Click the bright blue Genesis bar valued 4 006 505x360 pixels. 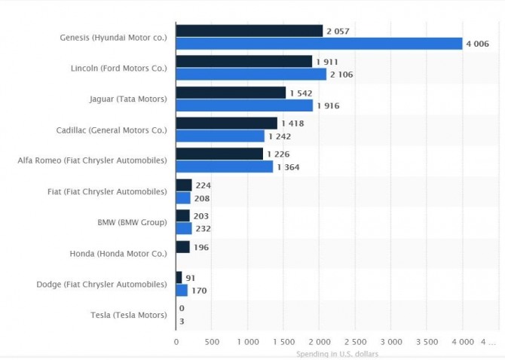(x=319, y=44)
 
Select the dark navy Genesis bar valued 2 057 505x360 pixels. (x=249, y=31)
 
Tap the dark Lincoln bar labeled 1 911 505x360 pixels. (x=244, y=61)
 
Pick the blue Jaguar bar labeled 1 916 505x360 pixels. (x=244, y=105)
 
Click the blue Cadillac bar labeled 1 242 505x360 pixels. (x=220, y=136)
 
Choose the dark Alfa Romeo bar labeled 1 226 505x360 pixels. (x=219, y=154)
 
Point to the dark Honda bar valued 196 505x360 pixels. (x=182, y=247)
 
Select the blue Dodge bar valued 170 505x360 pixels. (x=182, y=290)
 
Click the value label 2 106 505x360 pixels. (x=341, y=75)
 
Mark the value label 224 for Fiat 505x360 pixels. (x=203, y=185)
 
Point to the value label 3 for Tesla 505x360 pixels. (x=182, y=321)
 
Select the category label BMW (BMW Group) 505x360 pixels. (x=132, y=222)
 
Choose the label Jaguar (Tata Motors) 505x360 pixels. (x=128, y=99)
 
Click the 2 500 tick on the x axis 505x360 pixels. (x=355, y=340)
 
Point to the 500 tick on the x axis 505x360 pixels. (x=212, y=340)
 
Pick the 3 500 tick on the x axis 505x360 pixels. (x=427, y=340)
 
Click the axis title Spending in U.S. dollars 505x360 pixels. (x=338, y=353)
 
